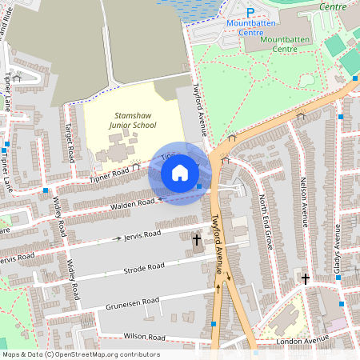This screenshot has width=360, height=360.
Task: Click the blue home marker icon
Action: tap(180, 173)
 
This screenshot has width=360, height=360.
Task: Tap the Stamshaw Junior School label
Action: tap(134, 120)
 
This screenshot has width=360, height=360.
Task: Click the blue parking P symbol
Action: tap(250, 12)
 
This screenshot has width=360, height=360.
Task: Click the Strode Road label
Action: tap(144, 266)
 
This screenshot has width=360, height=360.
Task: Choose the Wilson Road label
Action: tap(144, 337)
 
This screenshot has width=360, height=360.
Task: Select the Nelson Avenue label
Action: tap(304, 201)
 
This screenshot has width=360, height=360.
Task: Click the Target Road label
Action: tap(70, 139)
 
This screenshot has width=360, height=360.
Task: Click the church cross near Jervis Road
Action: tap(197, 239)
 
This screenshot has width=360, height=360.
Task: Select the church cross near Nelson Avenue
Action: tap(305, 279)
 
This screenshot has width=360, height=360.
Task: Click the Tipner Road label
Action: tap(108, 172)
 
